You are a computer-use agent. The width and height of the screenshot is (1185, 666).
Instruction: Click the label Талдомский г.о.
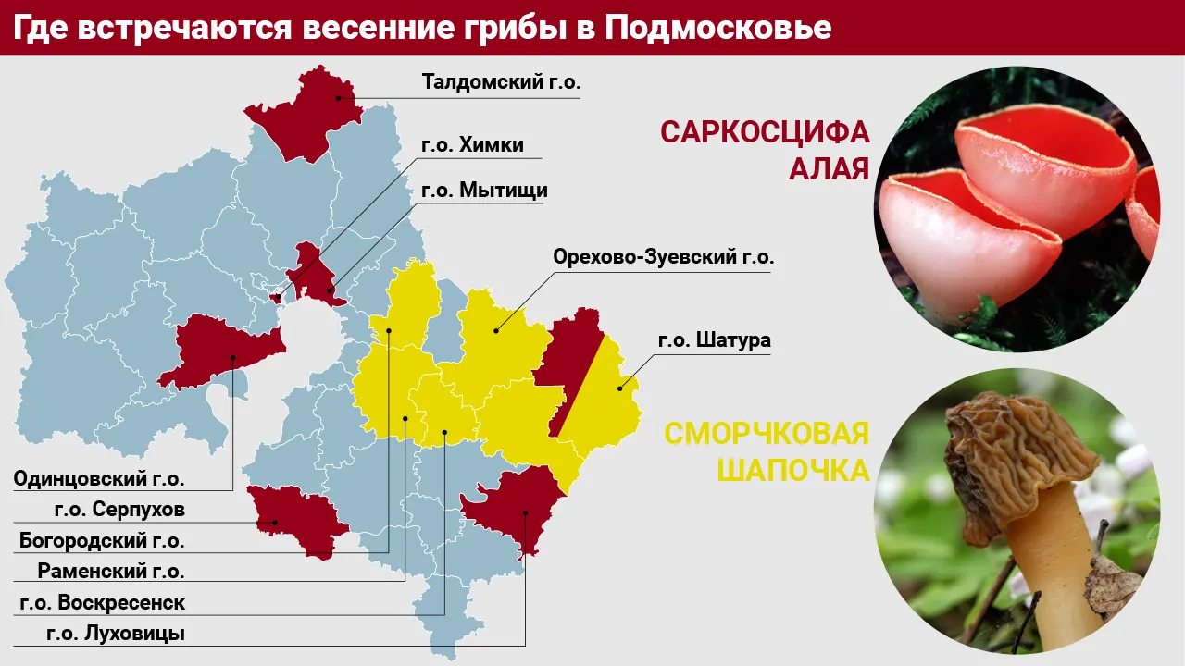501,82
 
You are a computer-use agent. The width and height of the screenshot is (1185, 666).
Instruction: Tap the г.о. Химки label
472,145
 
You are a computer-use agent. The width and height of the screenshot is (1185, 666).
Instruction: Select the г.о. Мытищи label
484,191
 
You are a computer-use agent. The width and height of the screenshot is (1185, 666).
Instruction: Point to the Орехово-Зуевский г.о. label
663,256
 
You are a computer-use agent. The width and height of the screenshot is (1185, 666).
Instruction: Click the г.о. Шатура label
714,340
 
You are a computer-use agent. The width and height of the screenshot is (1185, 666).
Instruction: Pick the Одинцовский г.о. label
99,479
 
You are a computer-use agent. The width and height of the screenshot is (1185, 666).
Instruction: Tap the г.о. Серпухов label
119,510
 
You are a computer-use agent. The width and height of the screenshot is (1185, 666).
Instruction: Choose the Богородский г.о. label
102,540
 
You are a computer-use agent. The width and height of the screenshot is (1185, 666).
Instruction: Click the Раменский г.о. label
111,571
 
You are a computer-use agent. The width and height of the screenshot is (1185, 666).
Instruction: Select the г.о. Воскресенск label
103,602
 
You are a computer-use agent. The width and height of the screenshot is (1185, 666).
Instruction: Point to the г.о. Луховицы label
116,634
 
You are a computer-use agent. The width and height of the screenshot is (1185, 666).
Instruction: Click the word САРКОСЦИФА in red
765,132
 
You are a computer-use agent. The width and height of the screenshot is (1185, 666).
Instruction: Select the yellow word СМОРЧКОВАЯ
767,433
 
